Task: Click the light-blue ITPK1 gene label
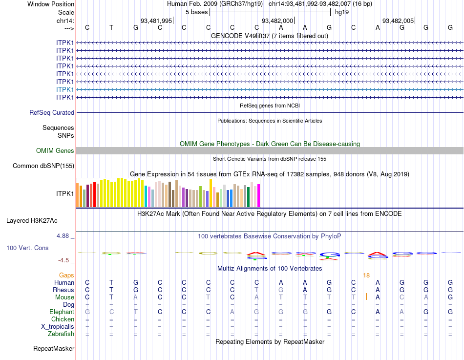pos(65,89)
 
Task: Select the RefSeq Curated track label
pos(52,112)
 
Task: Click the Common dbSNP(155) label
pos(43,166)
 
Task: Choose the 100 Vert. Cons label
pos(27,248)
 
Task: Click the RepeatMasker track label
pos(54,349)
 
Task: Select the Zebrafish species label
pos(61,334)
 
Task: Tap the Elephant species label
pos(62,312)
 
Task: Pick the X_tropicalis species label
pos(58,326)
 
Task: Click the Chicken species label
pos(63,319)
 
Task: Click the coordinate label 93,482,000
pos(277,21)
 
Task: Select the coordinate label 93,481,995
pos(156,21)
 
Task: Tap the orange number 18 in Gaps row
pos(366,275)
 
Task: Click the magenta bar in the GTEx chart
pos(258,195)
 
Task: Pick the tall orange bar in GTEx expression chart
pos(211,192)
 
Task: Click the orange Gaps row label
pos(66,275)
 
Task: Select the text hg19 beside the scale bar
pos(342,12)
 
